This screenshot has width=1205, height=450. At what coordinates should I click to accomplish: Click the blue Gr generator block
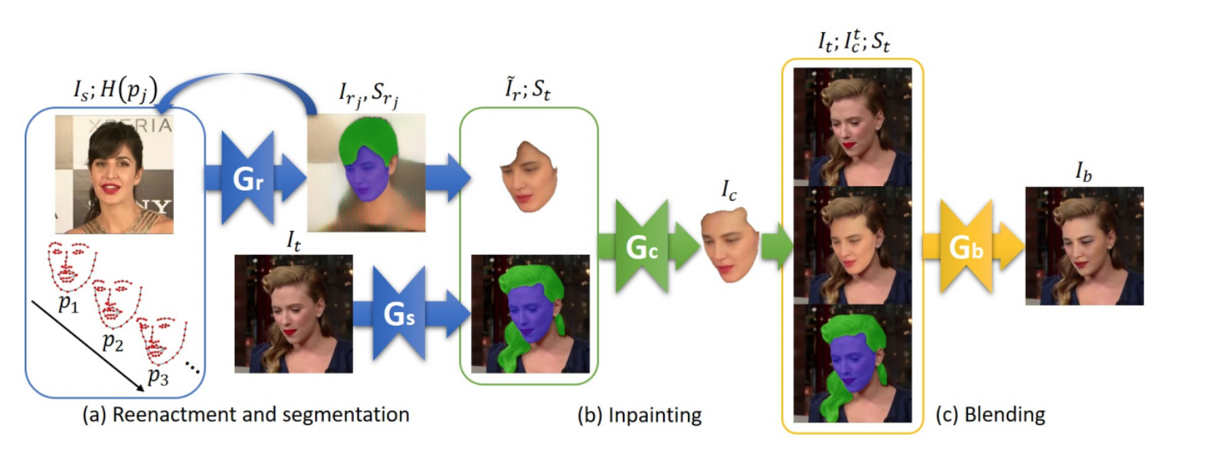click(x=248, y=178)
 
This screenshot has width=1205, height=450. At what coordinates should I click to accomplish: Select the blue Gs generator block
click(x=399, y=314)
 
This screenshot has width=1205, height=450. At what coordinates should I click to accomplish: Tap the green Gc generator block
click(x=642, y=248)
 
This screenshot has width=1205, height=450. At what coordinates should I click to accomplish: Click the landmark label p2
click(x=112, y=340)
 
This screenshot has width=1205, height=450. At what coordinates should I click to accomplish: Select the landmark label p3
click(x=157, y=375)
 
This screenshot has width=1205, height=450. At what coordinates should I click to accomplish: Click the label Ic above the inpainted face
click(x=729, y=191)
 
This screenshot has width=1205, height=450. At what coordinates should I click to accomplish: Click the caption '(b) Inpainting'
click(x=639, y=416)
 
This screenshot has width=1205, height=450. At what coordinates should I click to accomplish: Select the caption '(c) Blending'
click(x=990, y=415)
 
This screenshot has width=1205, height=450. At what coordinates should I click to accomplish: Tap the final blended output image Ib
click(x=1084, y=245)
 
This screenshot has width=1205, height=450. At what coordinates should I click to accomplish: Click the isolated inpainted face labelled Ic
click(x=729, y=245)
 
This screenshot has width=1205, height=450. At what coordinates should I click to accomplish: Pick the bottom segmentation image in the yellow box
click(x=852, y=363)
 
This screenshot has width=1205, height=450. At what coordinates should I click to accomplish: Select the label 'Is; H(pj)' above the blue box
click(x=116, y=90)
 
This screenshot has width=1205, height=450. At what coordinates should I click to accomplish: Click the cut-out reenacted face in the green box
click(x=529, y=176)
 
